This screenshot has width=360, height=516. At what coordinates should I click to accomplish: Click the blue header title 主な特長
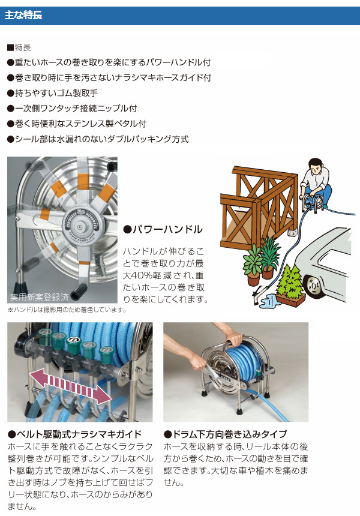tap(23, 16)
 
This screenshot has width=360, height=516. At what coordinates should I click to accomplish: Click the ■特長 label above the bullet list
tap(19, 48)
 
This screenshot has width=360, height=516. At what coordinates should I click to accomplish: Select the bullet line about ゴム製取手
tap(53, 93)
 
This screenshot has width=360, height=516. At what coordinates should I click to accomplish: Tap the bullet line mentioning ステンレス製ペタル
tap(77, 124)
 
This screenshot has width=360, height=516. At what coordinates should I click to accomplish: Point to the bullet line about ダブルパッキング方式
tap(98, 139)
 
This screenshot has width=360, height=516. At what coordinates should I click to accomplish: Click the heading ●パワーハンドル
tap(163, 229)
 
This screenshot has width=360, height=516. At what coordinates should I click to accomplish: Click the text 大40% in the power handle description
tap(139, 275)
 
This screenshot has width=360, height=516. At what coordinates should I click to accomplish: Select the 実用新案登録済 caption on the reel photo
tap(40, 297)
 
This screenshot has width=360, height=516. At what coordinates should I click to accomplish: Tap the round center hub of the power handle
tap(79, 225)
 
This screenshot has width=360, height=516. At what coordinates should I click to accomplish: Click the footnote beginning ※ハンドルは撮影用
tap(67, 310)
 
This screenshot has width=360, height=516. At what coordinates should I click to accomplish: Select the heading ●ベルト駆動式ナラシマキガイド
tap(74, 434)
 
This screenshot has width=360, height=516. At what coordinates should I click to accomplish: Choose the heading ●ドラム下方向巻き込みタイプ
tap(226, 434)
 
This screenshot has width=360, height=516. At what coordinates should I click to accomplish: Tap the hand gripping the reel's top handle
tap(233, 339)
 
